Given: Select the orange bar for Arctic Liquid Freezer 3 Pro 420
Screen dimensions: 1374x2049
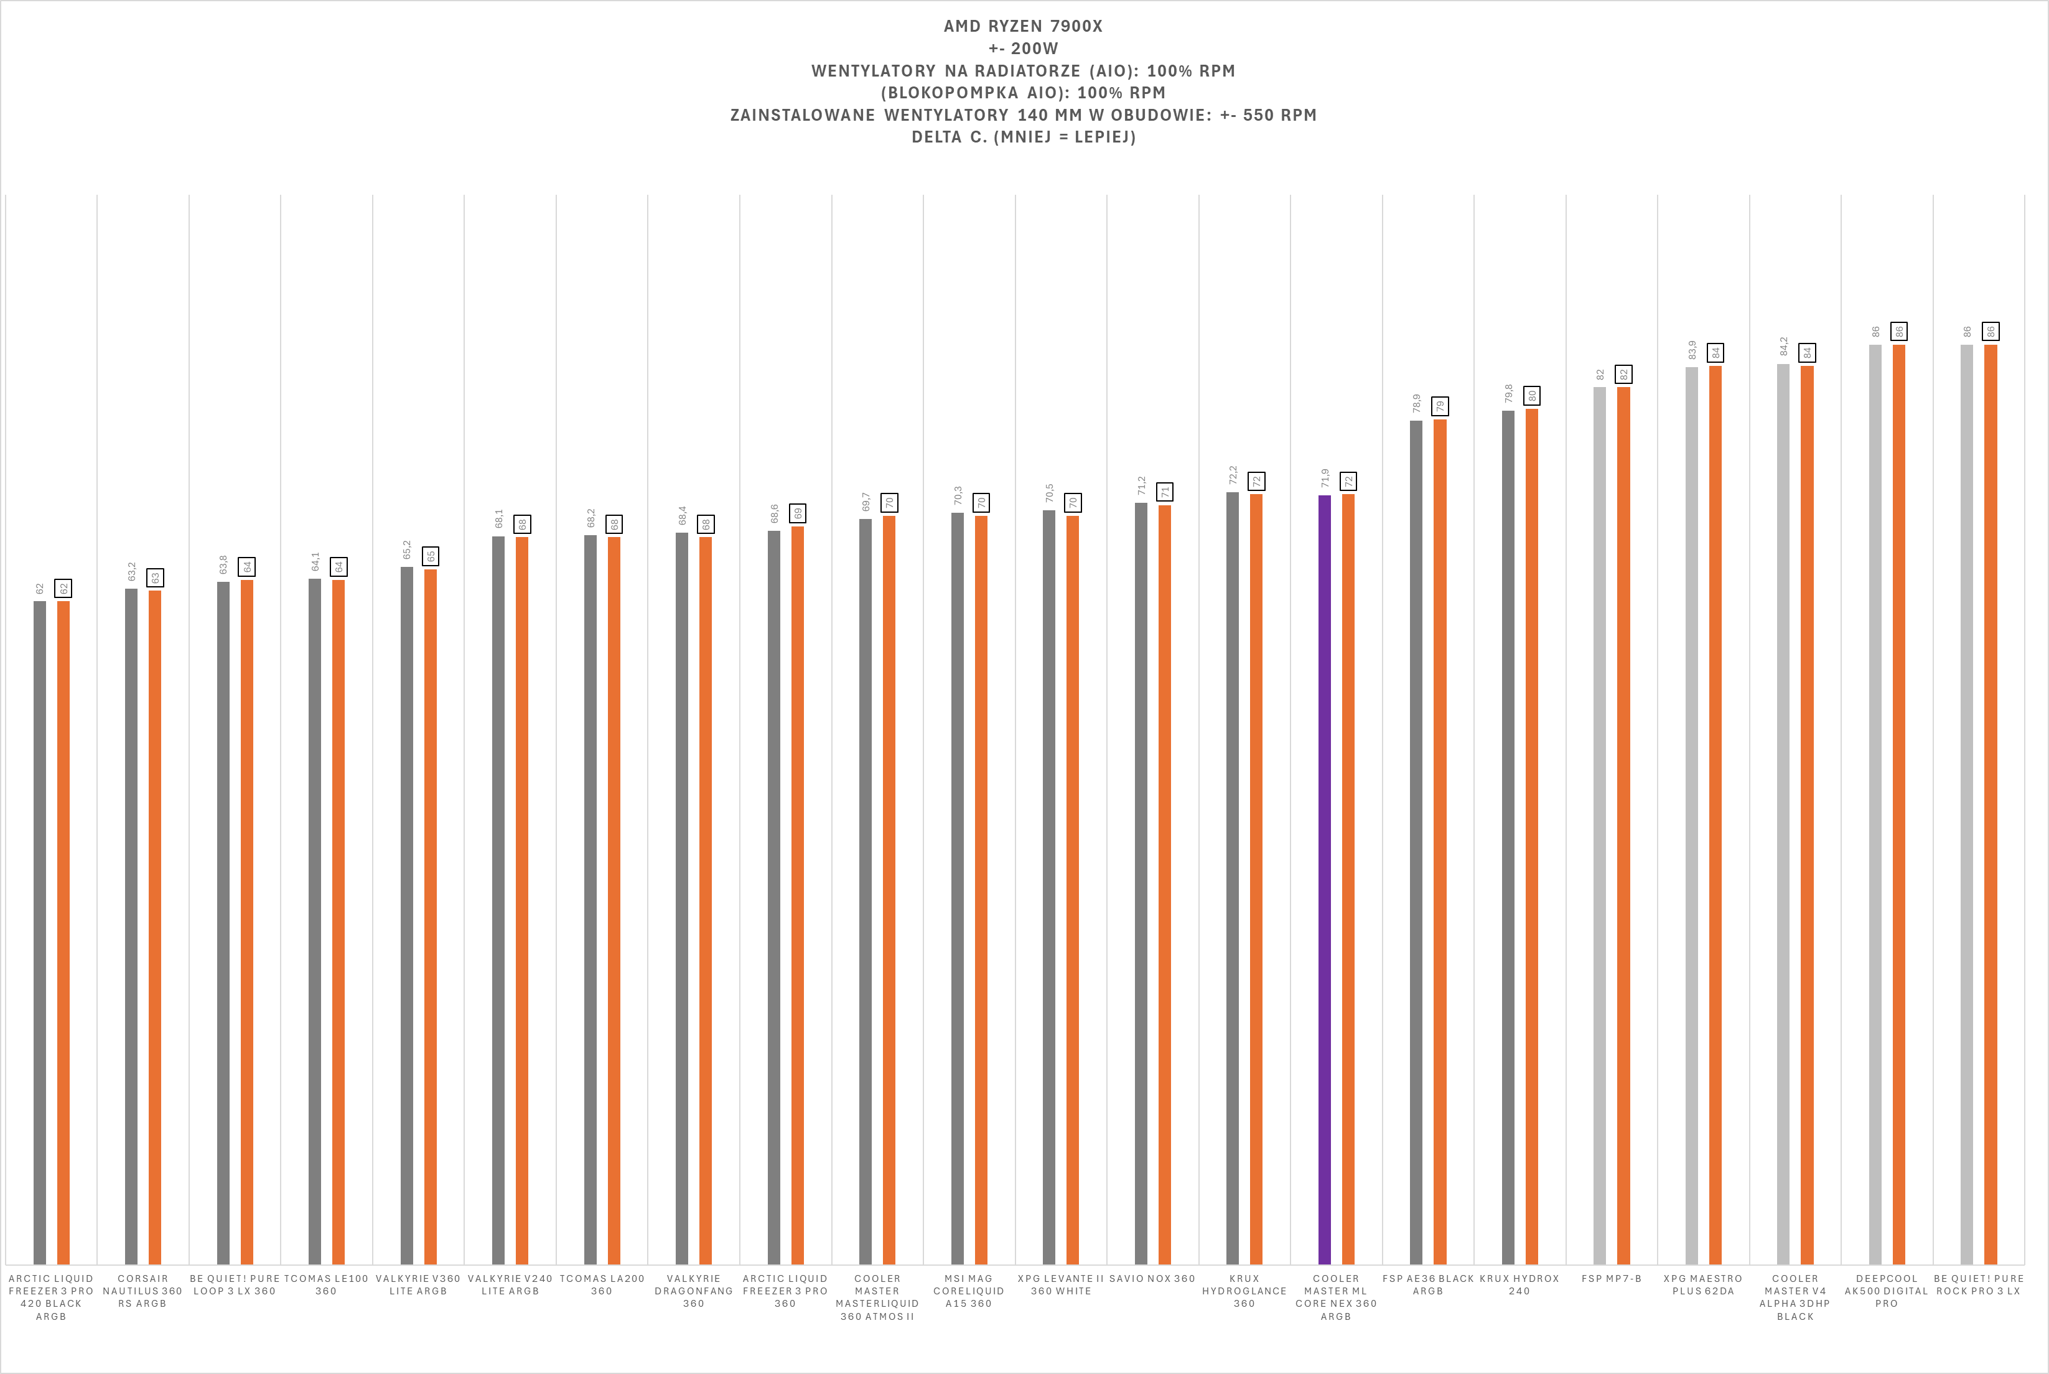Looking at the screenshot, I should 63,929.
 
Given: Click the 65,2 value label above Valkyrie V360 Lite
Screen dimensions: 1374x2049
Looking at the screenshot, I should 406,549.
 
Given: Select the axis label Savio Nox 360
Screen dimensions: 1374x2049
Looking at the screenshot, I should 1152,1279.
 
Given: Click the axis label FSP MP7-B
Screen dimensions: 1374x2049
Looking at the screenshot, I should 1611,1279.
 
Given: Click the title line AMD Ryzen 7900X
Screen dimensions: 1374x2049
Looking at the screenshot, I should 1022,26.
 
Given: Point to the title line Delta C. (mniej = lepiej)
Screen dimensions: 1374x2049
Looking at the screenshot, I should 1023,137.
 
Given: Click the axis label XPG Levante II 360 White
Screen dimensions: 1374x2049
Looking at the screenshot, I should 1060,1284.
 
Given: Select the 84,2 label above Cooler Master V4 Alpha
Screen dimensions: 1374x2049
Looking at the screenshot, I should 1783,346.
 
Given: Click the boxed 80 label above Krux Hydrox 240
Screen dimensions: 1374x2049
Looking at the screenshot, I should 1531,396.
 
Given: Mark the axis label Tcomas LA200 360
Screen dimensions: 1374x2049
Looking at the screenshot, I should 602,1284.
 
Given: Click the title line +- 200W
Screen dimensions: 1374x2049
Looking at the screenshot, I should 1022,48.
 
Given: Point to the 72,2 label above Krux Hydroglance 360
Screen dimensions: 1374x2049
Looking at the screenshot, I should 1233,475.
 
